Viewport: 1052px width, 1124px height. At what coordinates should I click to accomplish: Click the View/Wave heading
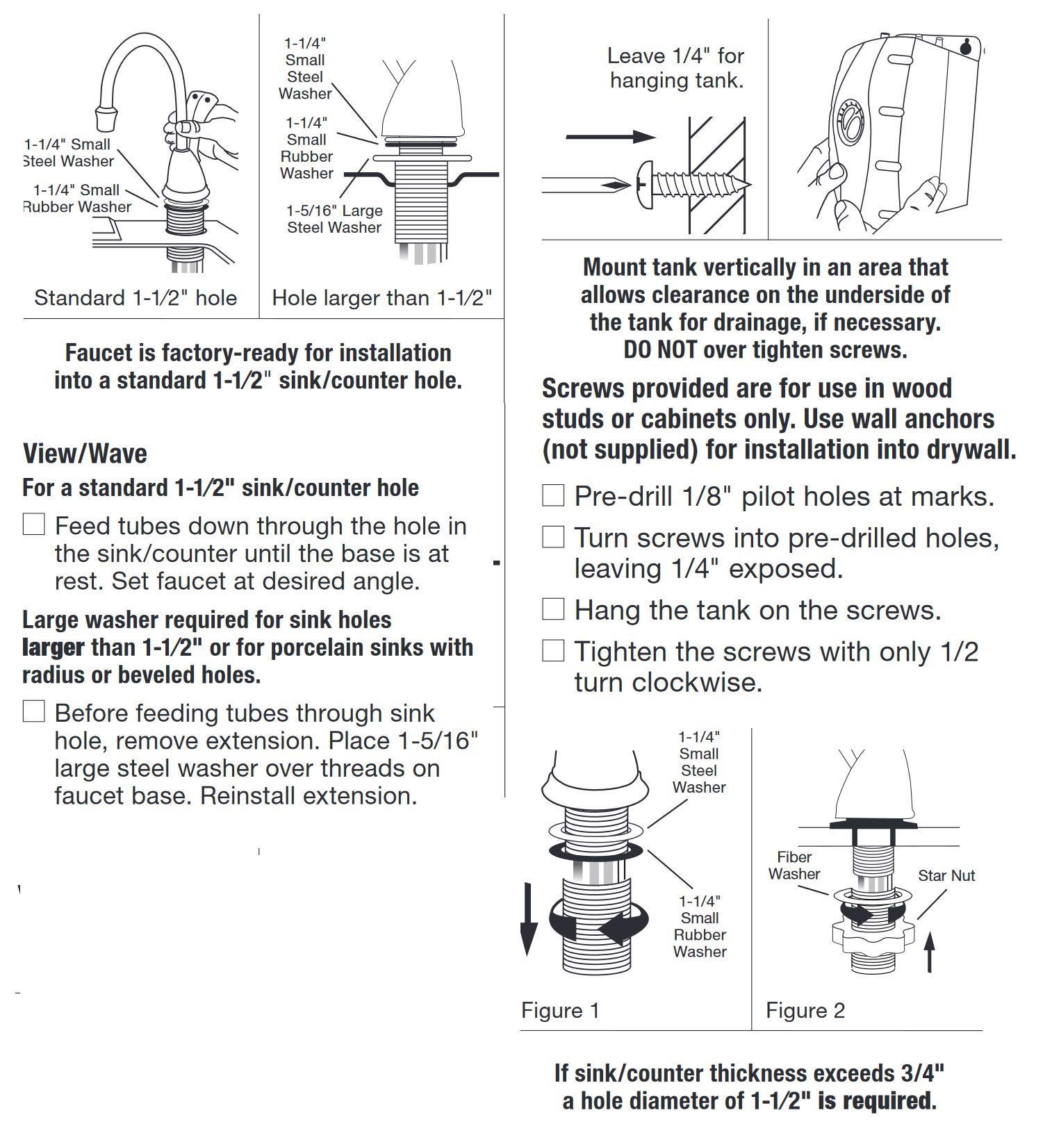pyautogui.click(x=85, y=454)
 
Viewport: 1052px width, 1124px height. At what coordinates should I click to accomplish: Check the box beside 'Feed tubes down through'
pyautogui.click(x=34, y=524)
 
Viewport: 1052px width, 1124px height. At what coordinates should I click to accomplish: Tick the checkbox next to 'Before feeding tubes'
pyautogui.click(x=34, y=711)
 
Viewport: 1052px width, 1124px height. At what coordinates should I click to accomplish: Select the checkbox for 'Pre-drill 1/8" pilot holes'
pyautogui.click(x=553, y=495)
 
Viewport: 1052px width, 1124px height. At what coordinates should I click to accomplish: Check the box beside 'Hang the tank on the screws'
pyautogui.click(x=553, y=609)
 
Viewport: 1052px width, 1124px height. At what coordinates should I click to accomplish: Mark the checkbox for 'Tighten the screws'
pyautogui.click(x=553, y=651)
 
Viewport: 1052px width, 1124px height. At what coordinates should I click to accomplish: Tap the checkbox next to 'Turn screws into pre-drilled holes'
pyautogui.click(x=553, y=537)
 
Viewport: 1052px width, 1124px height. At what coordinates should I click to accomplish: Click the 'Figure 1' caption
pyautogui.click(x=560, y=1010)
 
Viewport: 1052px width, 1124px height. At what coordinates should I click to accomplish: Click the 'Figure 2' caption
pyautogui.click(x=805, y=1010)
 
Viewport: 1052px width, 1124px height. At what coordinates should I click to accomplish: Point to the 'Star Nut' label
pyautogui.click(x=946, y=875)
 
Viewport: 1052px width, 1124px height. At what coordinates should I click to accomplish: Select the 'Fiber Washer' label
pyautogui.click(x=794, y=866)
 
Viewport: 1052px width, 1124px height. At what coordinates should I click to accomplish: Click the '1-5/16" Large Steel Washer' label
pyautogui.click(x=334, y=219)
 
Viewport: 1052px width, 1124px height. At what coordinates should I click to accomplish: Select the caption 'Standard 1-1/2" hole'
pyautogui.click(x=135, y=298)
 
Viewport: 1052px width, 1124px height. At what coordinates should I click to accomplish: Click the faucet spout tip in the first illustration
pyautogui.click(x=106, y=116)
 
